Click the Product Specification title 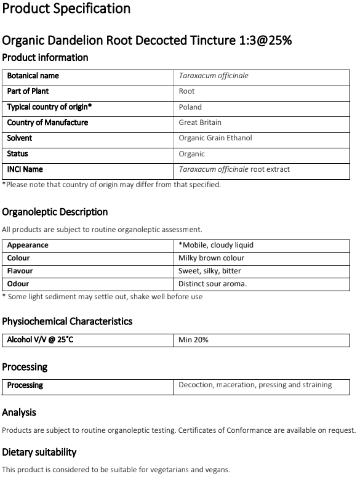[66, 9]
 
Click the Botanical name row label [33, 76]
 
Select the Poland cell [190, 107]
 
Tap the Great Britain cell [200, 123]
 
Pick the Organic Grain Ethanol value [215, 138]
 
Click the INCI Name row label [25, 169]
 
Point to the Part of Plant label [28, 91]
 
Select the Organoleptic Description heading [55, 212]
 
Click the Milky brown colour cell [211, 258]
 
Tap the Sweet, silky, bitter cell [209, 271]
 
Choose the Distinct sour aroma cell [212, 284]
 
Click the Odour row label [18, 284]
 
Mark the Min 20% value [193, 339]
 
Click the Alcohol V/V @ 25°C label [40, 339]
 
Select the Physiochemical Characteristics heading [67, 321]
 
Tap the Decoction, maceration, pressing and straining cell [255, 385]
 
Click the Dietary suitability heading [39, 452]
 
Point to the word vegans [216, 470]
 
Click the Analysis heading [19, 413]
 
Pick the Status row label [18, 154]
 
